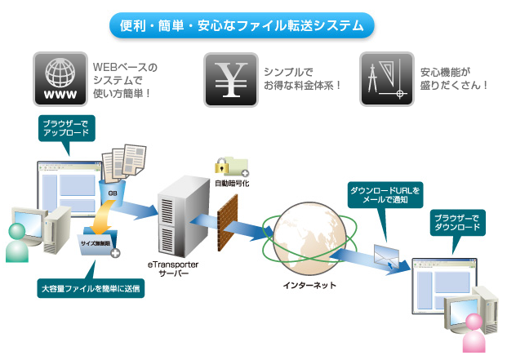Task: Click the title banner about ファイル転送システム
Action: click(x=242, y=24)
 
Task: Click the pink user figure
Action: click(x=474, y=335)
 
